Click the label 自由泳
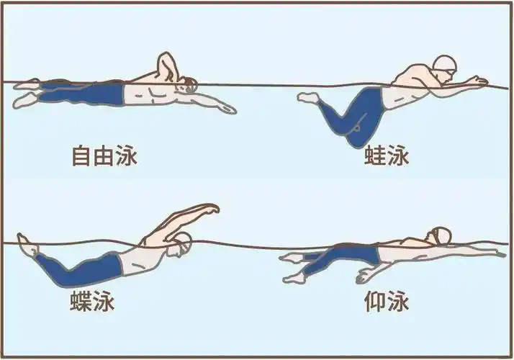point(104,156)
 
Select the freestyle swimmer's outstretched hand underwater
point(227,109)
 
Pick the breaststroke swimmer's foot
point(307,96)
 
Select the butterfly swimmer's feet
point(26,245)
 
